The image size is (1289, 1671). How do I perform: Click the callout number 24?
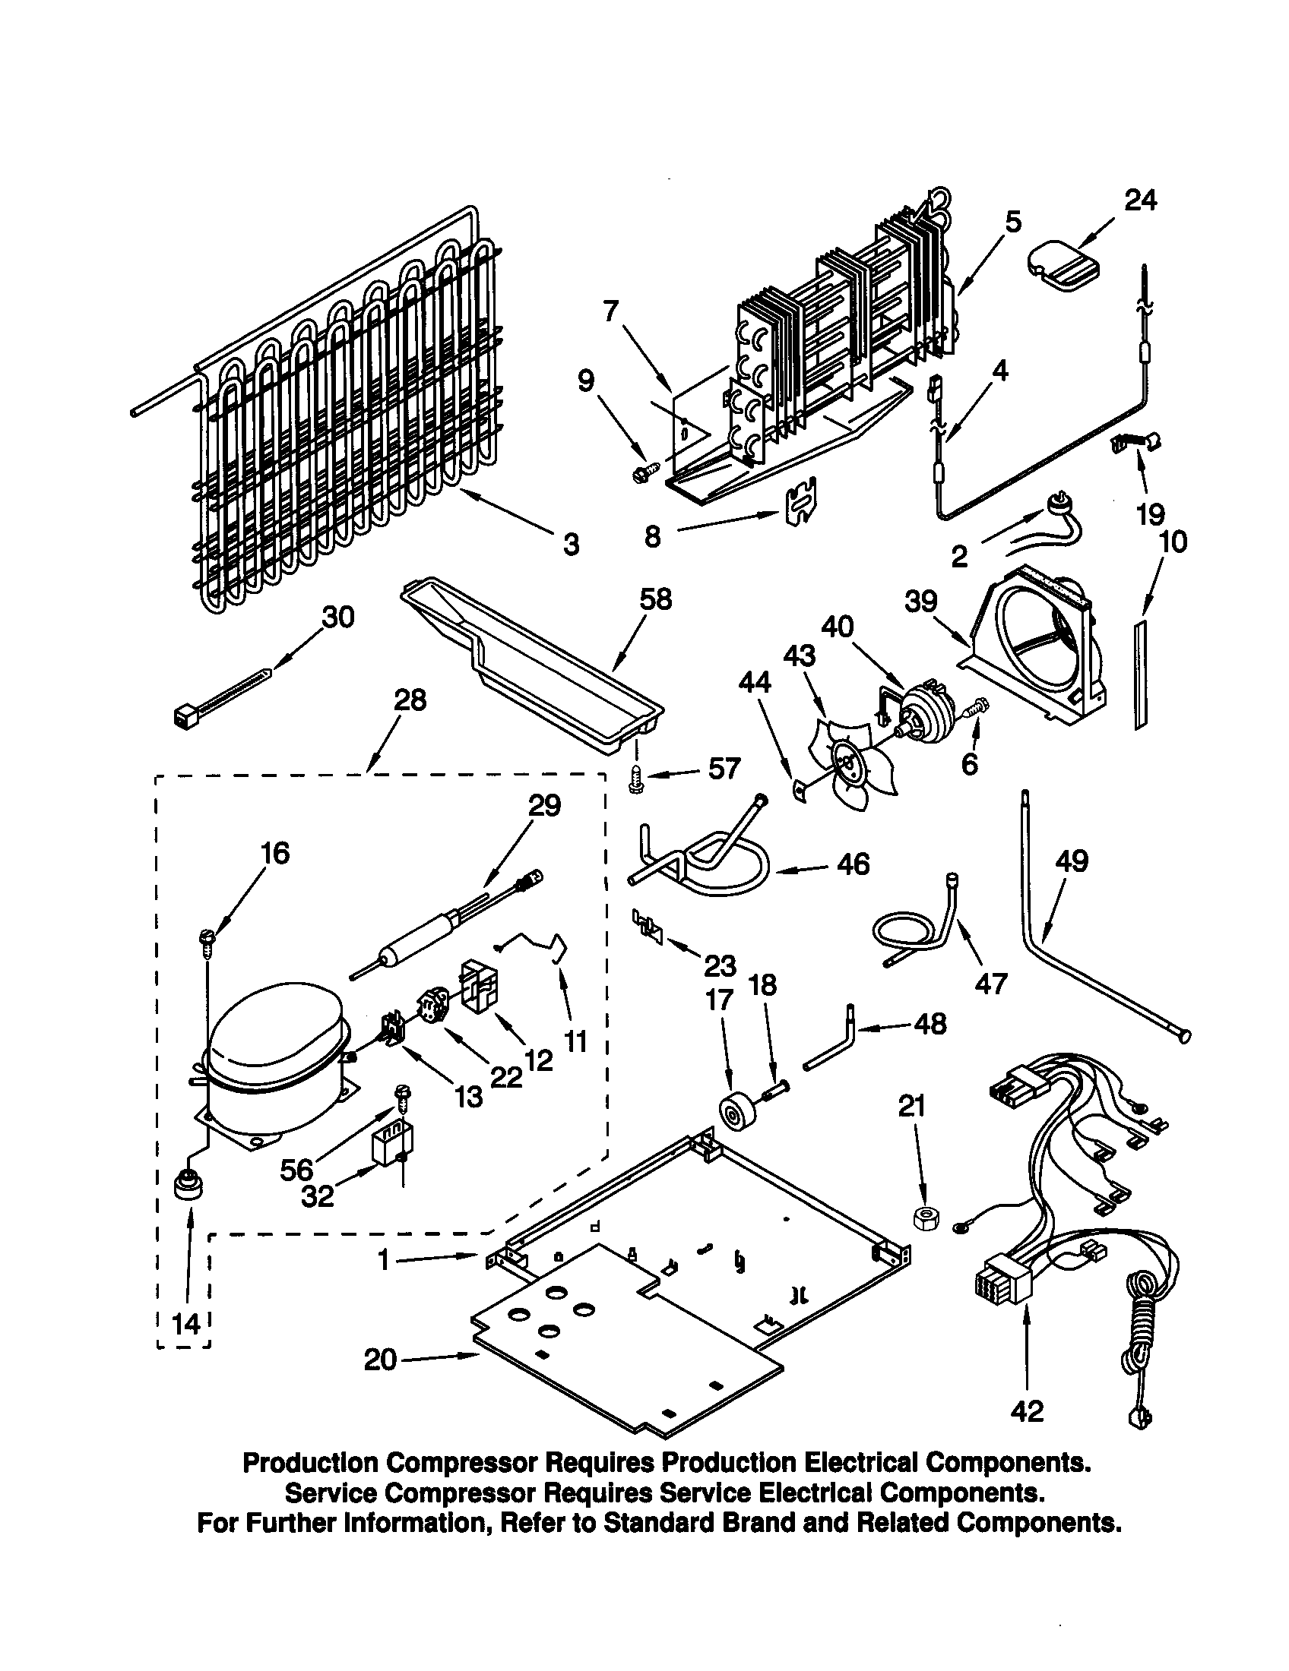tap(1140, 201)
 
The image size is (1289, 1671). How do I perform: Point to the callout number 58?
tap(655, 599)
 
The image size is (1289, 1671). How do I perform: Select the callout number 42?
tap(1026, 1410)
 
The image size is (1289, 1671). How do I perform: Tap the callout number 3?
tap(571, 545)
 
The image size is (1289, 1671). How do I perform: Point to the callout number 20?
tap(381, 1360)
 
